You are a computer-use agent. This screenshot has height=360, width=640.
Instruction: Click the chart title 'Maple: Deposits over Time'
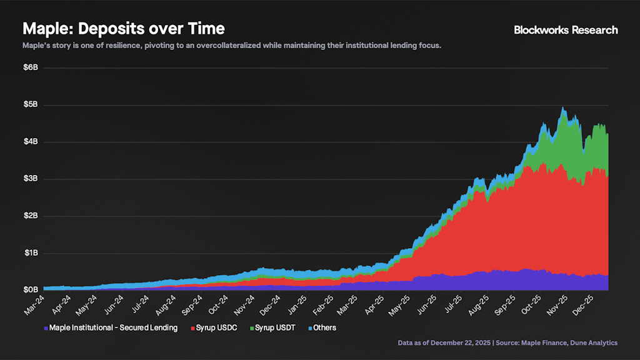click(124, 29)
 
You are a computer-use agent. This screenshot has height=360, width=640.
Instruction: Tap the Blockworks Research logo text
click(566, 29)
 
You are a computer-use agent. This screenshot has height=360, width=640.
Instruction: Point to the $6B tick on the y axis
click(31, 67)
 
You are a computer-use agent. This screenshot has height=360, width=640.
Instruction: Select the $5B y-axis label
click(31, 104)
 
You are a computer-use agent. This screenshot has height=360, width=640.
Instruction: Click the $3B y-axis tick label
click(31, 179)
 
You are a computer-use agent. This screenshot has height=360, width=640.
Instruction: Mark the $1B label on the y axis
click(31, 253)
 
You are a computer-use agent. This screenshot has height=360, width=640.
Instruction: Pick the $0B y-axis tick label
click(31, 291)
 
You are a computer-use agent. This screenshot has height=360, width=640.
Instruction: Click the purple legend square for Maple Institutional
click(46, 327)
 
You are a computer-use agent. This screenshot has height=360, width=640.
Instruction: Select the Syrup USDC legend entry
click(215, 327)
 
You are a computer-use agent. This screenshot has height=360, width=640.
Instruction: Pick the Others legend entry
click(323, 327)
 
